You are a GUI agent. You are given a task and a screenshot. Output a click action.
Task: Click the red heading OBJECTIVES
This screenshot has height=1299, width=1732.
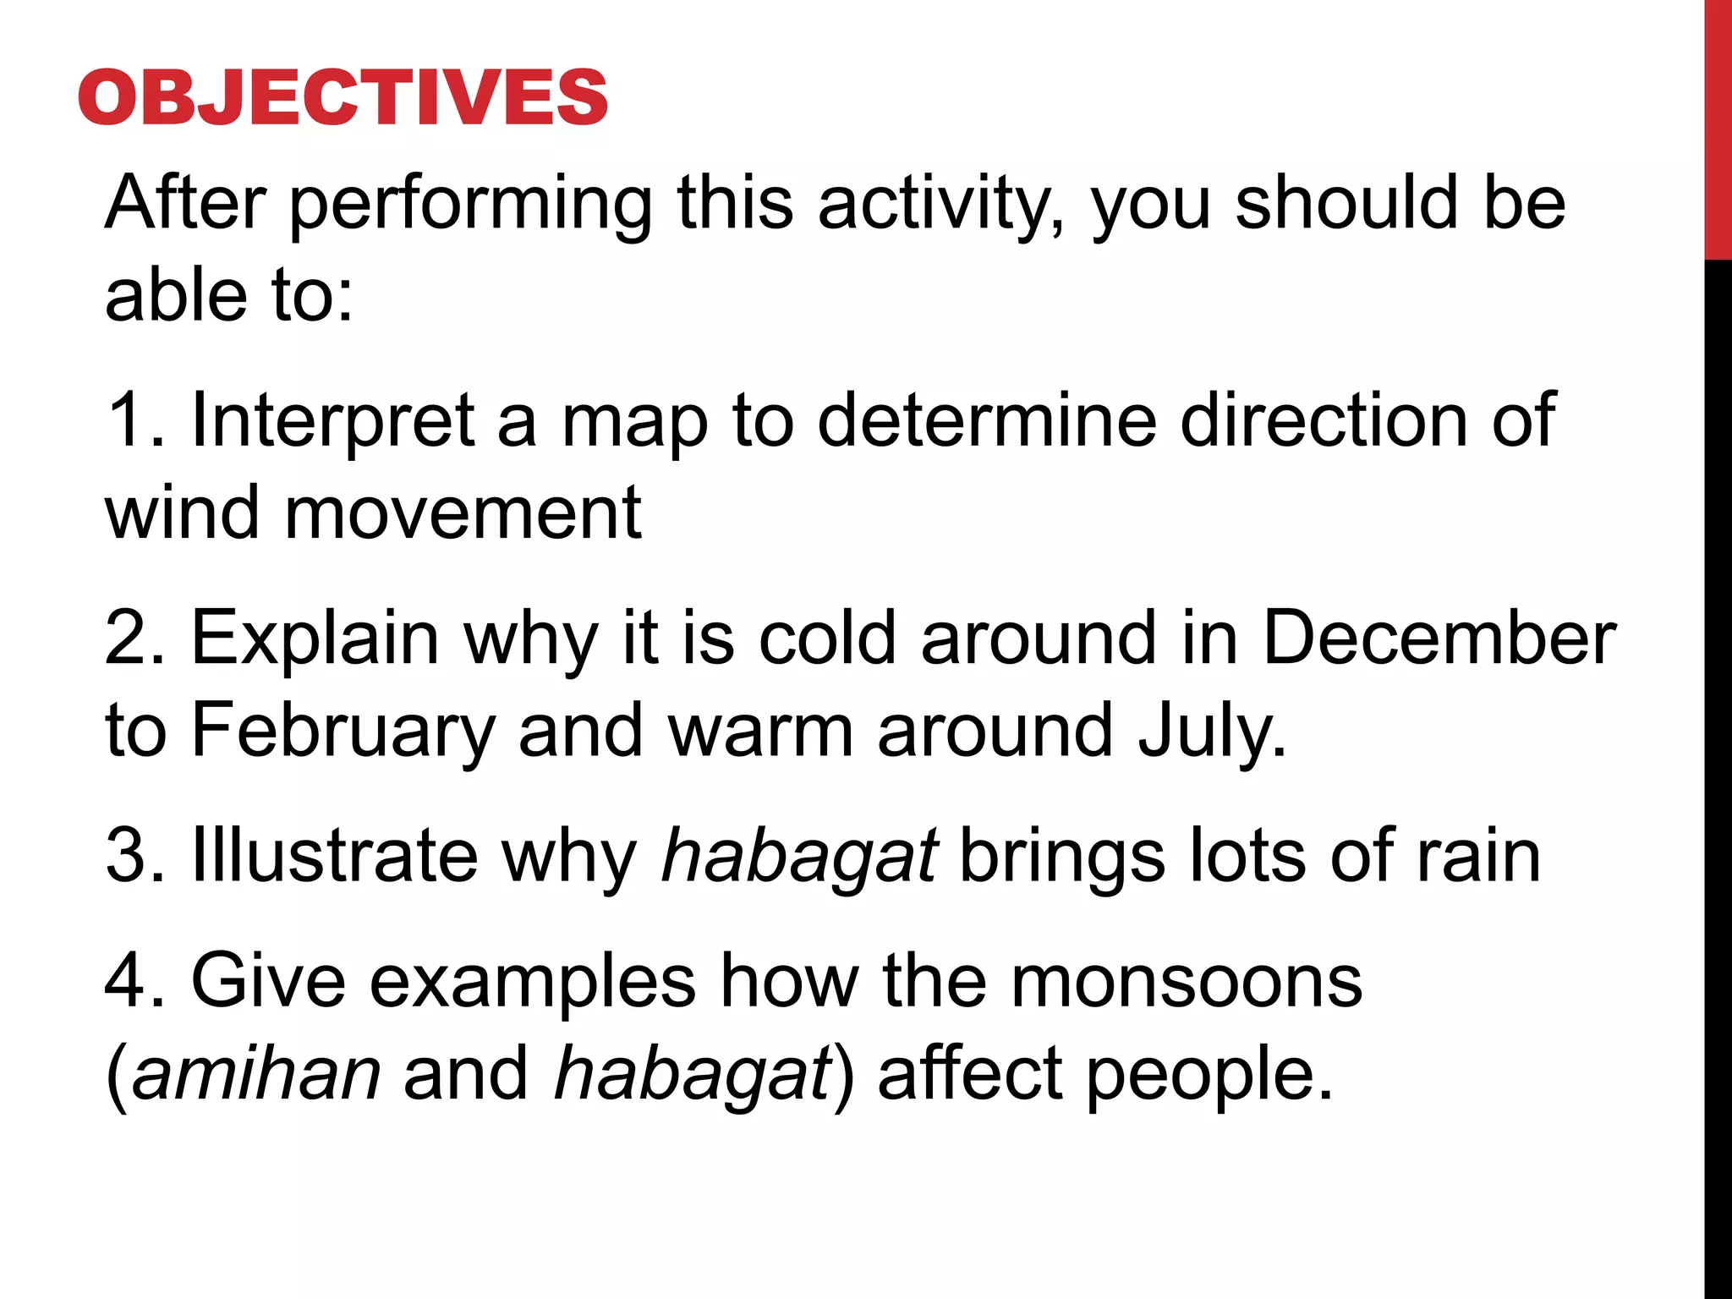click(343, 97)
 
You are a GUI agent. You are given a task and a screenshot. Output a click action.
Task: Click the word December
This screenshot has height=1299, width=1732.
click(1439, 639)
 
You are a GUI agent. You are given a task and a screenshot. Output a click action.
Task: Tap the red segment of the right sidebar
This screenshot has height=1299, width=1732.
click(1718, 127)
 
